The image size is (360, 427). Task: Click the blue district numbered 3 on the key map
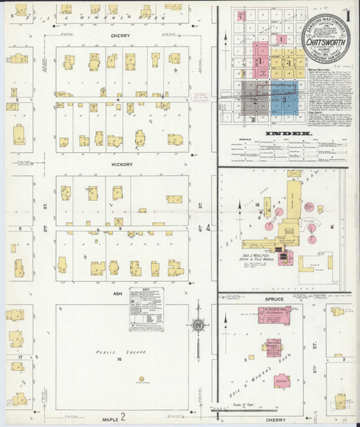coord(285,100)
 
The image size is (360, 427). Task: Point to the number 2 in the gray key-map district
coord(254,100)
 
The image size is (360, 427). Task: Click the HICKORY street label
coord(122,164)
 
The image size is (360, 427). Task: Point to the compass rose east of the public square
coord(197,327)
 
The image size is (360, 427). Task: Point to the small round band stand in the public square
coord(143,378)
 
